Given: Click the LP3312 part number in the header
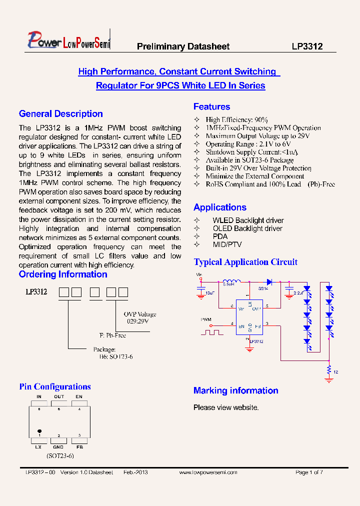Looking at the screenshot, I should [x=307, y=46].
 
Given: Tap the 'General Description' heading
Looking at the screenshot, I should [x=60, y=114].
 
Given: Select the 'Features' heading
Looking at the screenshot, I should [x=211, y=106].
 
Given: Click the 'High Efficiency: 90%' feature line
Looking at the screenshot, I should [x=236, y=120].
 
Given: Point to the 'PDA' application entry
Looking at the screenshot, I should [x=220, y=236].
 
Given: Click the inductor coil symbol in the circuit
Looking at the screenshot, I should [x=231, y=281].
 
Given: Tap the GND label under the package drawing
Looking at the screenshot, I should [x=59, y=446].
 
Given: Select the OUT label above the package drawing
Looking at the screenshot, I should [x=59, y=396].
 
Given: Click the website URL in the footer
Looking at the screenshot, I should [x=208, y=472].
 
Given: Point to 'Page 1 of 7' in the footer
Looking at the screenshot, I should [x=309, y=472].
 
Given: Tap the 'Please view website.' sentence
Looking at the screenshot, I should [x=226, y=407].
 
